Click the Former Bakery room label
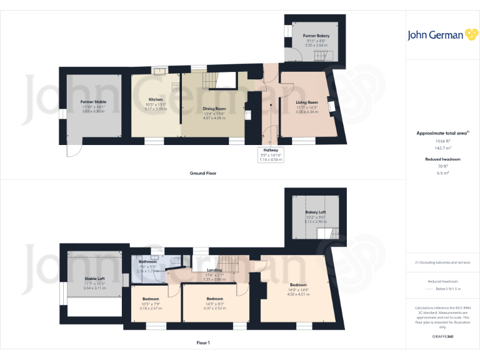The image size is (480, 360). (x=316, y=27)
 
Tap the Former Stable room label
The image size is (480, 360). (x=93, y=101)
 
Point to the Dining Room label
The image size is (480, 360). (x=214, y=109)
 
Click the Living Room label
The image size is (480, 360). (x=307, y=102)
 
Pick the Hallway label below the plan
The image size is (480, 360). (x=271, y=151)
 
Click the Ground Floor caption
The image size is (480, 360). (x=203, y=173)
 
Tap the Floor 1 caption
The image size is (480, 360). (x=203, y=343)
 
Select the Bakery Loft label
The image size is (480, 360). (x=316, y=212)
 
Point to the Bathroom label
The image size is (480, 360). (x=147, y=262)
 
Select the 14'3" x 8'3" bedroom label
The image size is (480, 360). (x=214, y=299)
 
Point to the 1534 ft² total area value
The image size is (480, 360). (x=443, y=142)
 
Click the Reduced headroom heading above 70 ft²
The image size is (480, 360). (x=443, y=159)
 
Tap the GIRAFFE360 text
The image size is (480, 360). (x=443, y=337)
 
